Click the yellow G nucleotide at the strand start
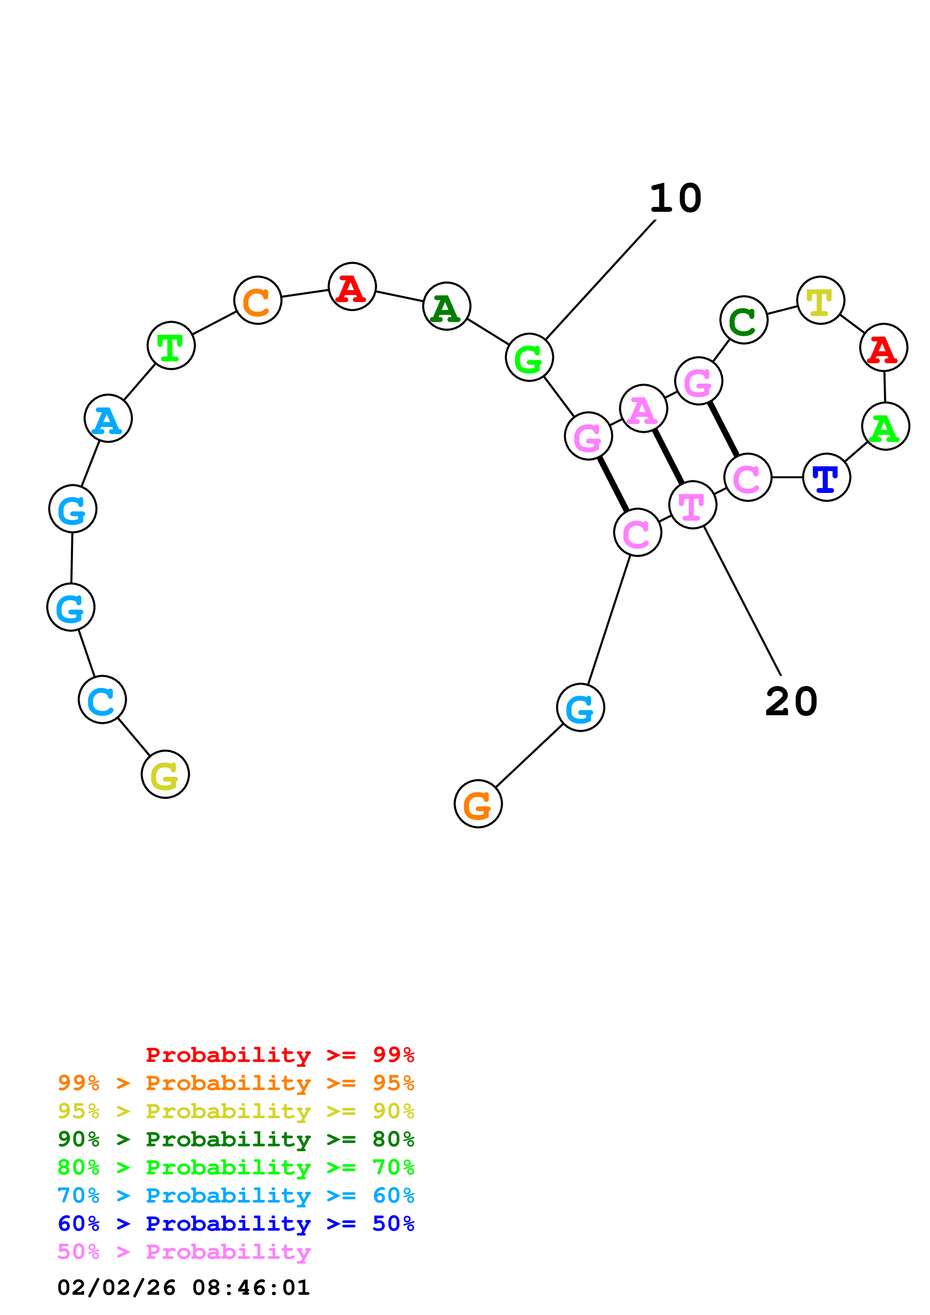(165, 774)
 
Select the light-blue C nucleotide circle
(102, 699)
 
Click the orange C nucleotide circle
(257, 300)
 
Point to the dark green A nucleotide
(446, 306)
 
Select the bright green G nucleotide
(529, 357)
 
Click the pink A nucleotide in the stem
(643, 408)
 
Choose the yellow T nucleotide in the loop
(820, 300)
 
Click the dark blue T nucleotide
(826, 477)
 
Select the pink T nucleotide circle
(692, 505)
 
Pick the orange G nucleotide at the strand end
(478, 804)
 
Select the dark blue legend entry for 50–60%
(236, 1224)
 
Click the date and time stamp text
(184, 1288)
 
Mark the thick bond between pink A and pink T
(668, 457)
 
